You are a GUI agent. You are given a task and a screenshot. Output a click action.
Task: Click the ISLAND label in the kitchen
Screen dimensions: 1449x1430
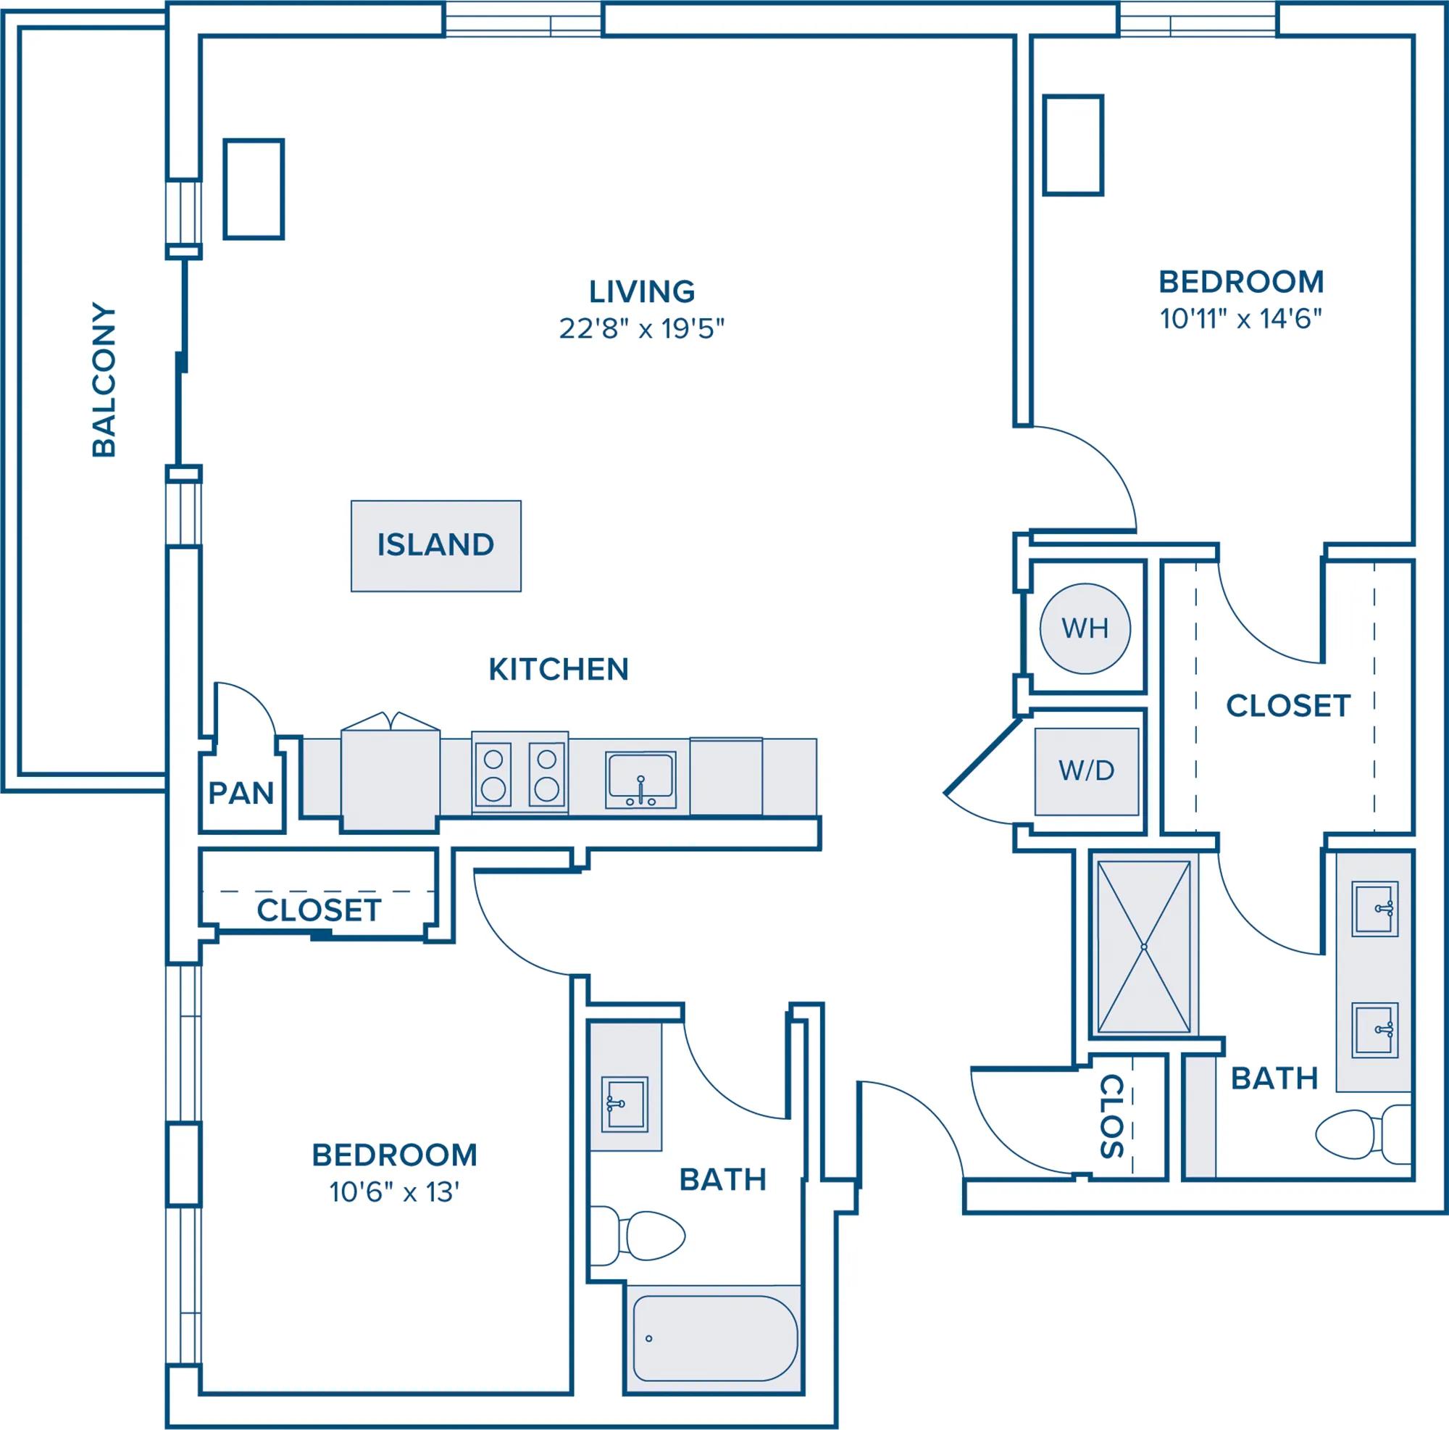point(435,545)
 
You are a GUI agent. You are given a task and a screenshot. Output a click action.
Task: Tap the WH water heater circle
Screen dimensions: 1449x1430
point(1085,627)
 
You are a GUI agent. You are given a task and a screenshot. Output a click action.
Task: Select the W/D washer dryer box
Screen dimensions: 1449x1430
point(1086,771)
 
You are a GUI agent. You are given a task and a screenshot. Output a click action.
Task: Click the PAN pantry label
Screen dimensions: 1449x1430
point(241,793)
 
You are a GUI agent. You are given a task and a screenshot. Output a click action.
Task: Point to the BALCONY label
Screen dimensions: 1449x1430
point(104,380)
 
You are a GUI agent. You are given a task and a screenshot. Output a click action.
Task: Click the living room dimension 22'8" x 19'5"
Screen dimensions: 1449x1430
point(642,328)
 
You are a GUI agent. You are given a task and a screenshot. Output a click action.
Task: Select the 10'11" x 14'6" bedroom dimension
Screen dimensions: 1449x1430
point(1241,320)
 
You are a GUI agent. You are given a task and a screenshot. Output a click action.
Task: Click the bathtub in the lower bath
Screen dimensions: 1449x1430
point(713,1339)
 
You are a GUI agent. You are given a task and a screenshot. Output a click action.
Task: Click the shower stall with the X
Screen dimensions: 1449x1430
point(1144,947)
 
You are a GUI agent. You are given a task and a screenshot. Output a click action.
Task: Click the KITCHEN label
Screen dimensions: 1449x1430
point(559,669)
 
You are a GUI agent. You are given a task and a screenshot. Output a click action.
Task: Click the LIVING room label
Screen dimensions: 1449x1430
point(642,291)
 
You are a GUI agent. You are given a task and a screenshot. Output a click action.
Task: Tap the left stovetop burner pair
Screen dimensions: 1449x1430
point(493,774)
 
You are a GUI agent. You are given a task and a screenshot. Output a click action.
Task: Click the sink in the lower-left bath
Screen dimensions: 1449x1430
point(625,1105)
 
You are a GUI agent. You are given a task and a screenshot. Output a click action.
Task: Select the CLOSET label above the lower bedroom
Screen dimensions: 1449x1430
point(319,910)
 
